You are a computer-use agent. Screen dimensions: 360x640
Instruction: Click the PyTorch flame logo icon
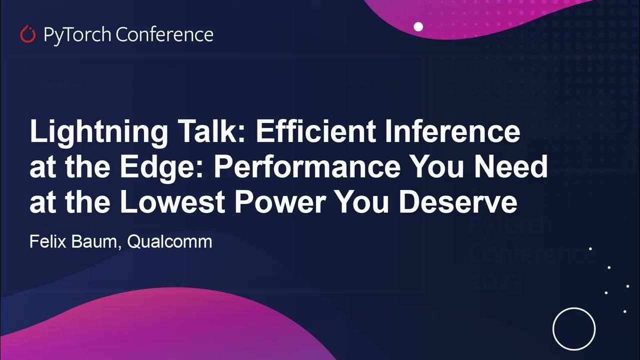27,34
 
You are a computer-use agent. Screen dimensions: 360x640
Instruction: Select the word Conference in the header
164,34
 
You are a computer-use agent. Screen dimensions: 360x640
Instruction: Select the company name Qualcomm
169,242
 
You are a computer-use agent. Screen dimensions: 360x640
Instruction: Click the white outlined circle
574,329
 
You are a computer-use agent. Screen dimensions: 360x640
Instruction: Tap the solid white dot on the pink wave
418,26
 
